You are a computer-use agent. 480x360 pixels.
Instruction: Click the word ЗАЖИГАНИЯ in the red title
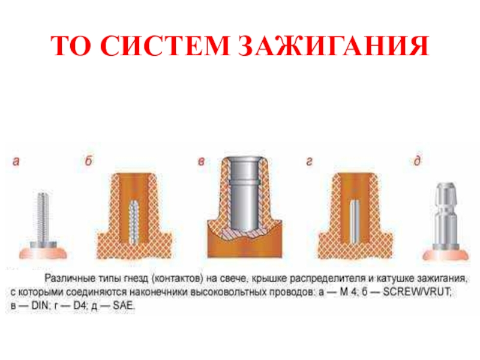pos(334,46)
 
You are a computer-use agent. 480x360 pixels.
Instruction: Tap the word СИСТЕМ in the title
pos(164,46)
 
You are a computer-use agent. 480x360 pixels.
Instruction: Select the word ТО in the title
pos(71,46)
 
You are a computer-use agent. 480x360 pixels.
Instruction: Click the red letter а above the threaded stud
pos(16,161)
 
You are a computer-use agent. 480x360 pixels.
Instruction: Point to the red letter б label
pos(88,160)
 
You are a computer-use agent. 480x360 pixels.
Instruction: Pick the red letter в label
pos(201,161)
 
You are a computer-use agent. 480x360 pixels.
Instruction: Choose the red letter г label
pos(309,161)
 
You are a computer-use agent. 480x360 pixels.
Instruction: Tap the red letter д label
pos(417,160)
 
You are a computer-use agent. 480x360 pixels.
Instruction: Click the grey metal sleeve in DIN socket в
pos(244,194)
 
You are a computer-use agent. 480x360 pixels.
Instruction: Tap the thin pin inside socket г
pos(355,221)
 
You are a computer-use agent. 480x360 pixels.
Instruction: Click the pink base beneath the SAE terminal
pos(446,256)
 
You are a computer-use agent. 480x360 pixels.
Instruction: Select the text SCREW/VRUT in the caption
pos(417,292)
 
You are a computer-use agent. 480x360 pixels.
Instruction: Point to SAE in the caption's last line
pos(124,305)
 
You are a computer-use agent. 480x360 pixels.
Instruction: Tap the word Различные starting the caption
pos(70,278)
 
